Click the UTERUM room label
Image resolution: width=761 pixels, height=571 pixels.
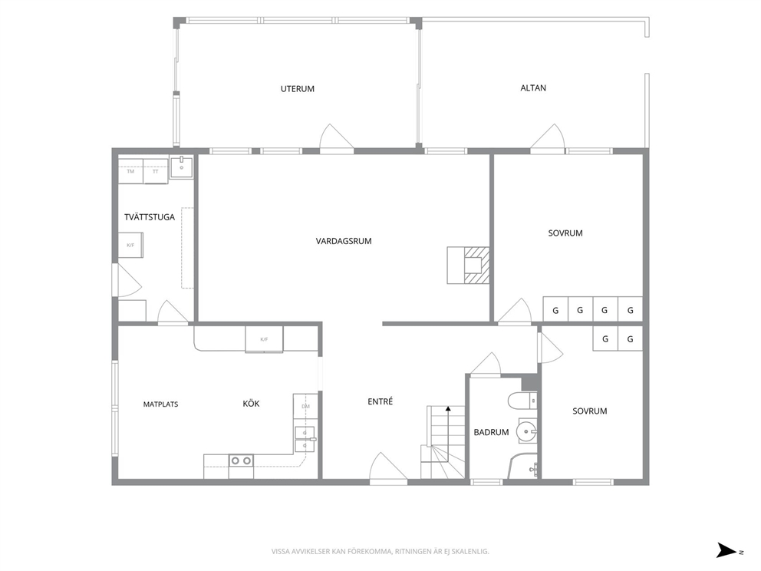click(298, 89)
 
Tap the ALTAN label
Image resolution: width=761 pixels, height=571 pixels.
click(533, 88)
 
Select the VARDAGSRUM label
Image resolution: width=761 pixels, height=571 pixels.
click(344, 241)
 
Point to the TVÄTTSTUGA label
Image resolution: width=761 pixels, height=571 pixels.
click(150, 217)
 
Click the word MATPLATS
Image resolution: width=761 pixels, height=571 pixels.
click(160, 404)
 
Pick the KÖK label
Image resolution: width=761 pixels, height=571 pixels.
click(251, 404)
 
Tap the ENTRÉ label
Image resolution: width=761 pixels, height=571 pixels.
click(380, 401)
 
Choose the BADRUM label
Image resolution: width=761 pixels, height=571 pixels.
click(491, 432)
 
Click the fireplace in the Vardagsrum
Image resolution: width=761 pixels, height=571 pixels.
click(469, 265)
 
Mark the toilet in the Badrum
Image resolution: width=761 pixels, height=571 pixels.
click(522, 401)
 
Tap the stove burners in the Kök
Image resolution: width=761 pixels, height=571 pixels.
click(241, 460)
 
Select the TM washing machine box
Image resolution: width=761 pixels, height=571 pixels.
click(131, 171)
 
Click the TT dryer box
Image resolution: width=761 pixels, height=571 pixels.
click(156, 171)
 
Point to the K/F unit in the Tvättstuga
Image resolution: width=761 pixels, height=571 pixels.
click(130, 245)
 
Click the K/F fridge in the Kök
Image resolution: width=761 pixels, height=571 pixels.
click(264, 339)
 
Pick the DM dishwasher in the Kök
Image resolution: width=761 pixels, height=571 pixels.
click(306, 407)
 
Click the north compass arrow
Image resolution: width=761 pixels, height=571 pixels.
click(726, 550)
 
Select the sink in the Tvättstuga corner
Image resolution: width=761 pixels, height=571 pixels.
click(182, 167)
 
